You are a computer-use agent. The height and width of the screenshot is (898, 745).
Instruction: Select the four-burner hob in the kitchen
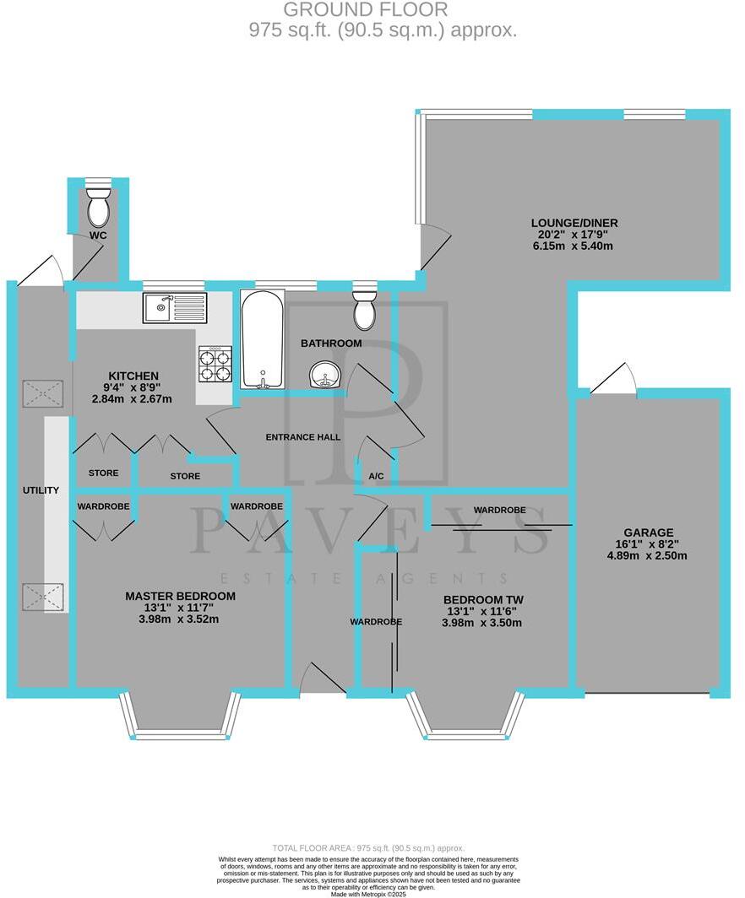(x=215, y=365)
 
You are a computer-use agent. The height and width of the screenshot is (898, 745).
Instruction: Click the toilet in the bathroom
(x=365, y=309)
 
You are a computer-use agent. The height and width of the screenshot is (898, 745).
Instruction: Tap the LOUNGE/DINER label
(x=574, y=223)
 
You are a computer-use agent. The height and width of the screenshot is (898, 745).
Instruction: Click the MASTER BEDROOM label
(x=180, y=596)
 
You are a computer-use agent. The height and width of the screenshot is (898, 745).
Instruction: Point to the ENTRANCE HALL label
(x=302, y=437)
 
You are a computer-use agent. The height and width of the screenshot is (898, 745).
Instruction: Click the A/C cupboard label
(x=377, y=477)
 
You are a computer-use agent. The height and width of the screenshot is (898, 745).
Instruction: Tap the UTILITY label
(x=41, y=490)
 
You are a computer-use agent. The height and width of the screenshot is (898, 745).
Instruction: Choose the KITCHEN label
(x=133, y=376)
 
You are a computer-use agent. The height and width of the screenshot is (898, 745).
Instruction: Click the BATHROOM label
(x=332, y=344)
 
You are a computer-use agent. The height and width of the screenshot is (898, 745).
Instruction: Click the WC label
(x=98, y=235)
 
